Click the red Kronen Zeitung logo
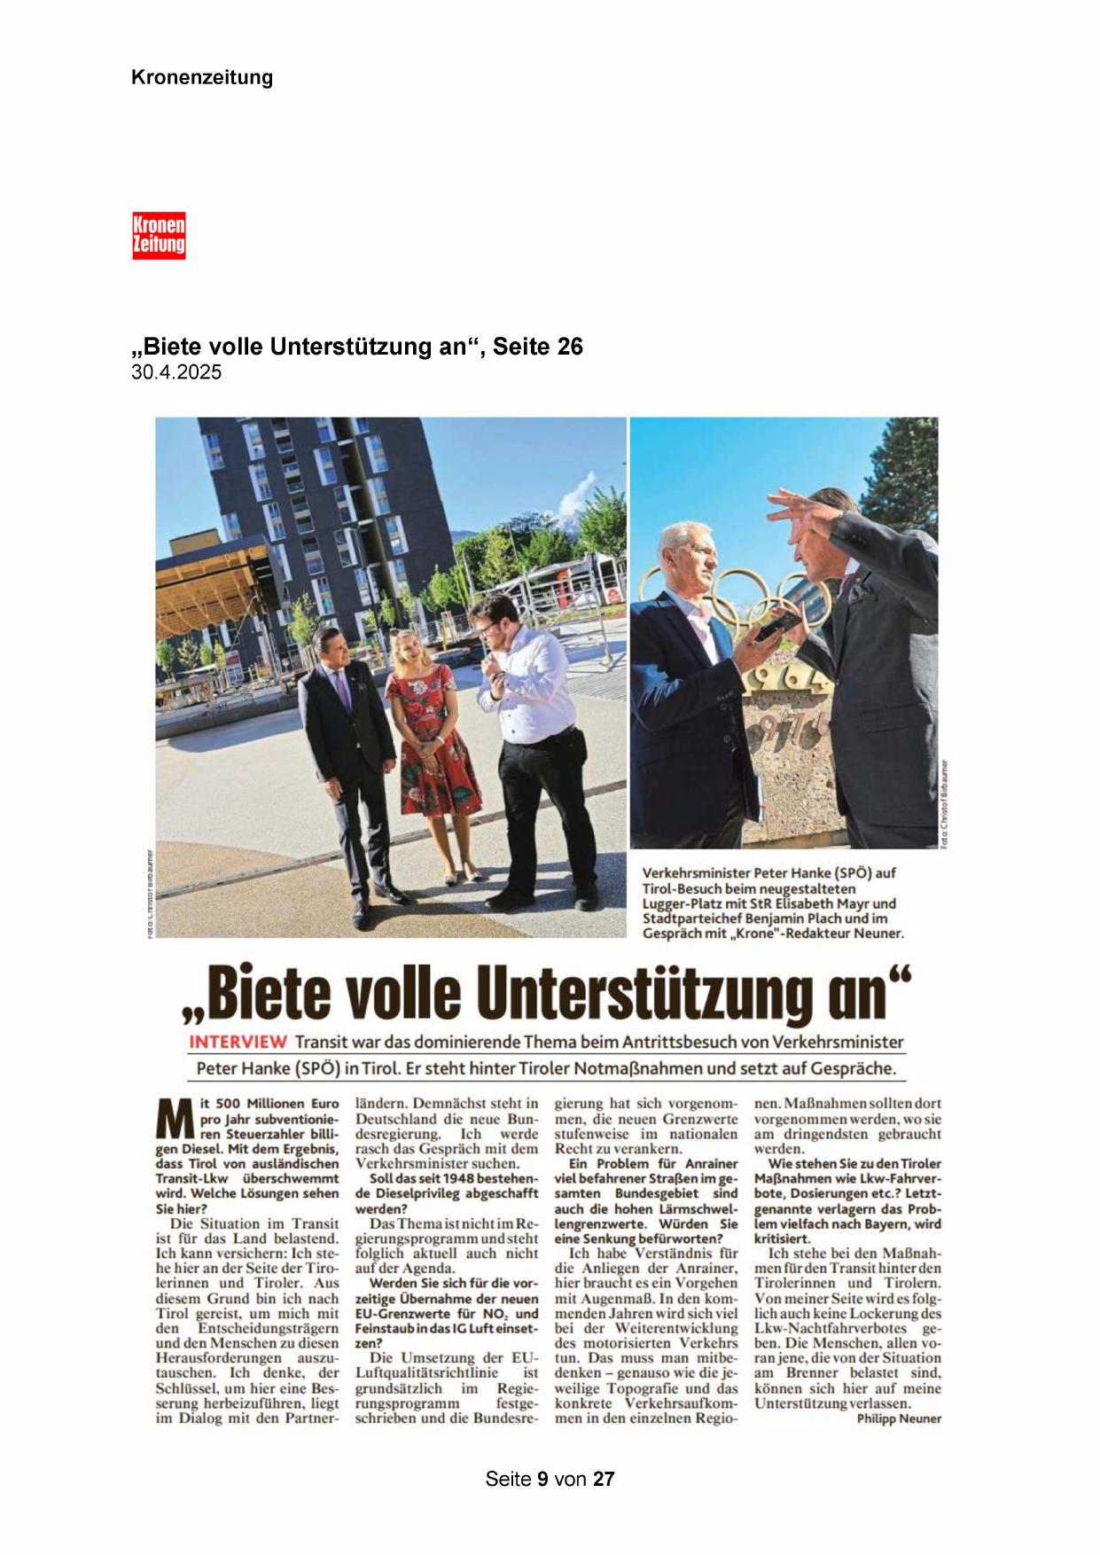(x=159, y=236)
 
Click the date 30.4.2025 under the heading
(x=176, y=372)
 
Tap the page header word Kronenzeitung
(x=202, y=77)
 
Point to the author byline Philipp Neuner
(x=899, y=1418)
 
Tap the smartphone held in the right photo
(x=774, y=624)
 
